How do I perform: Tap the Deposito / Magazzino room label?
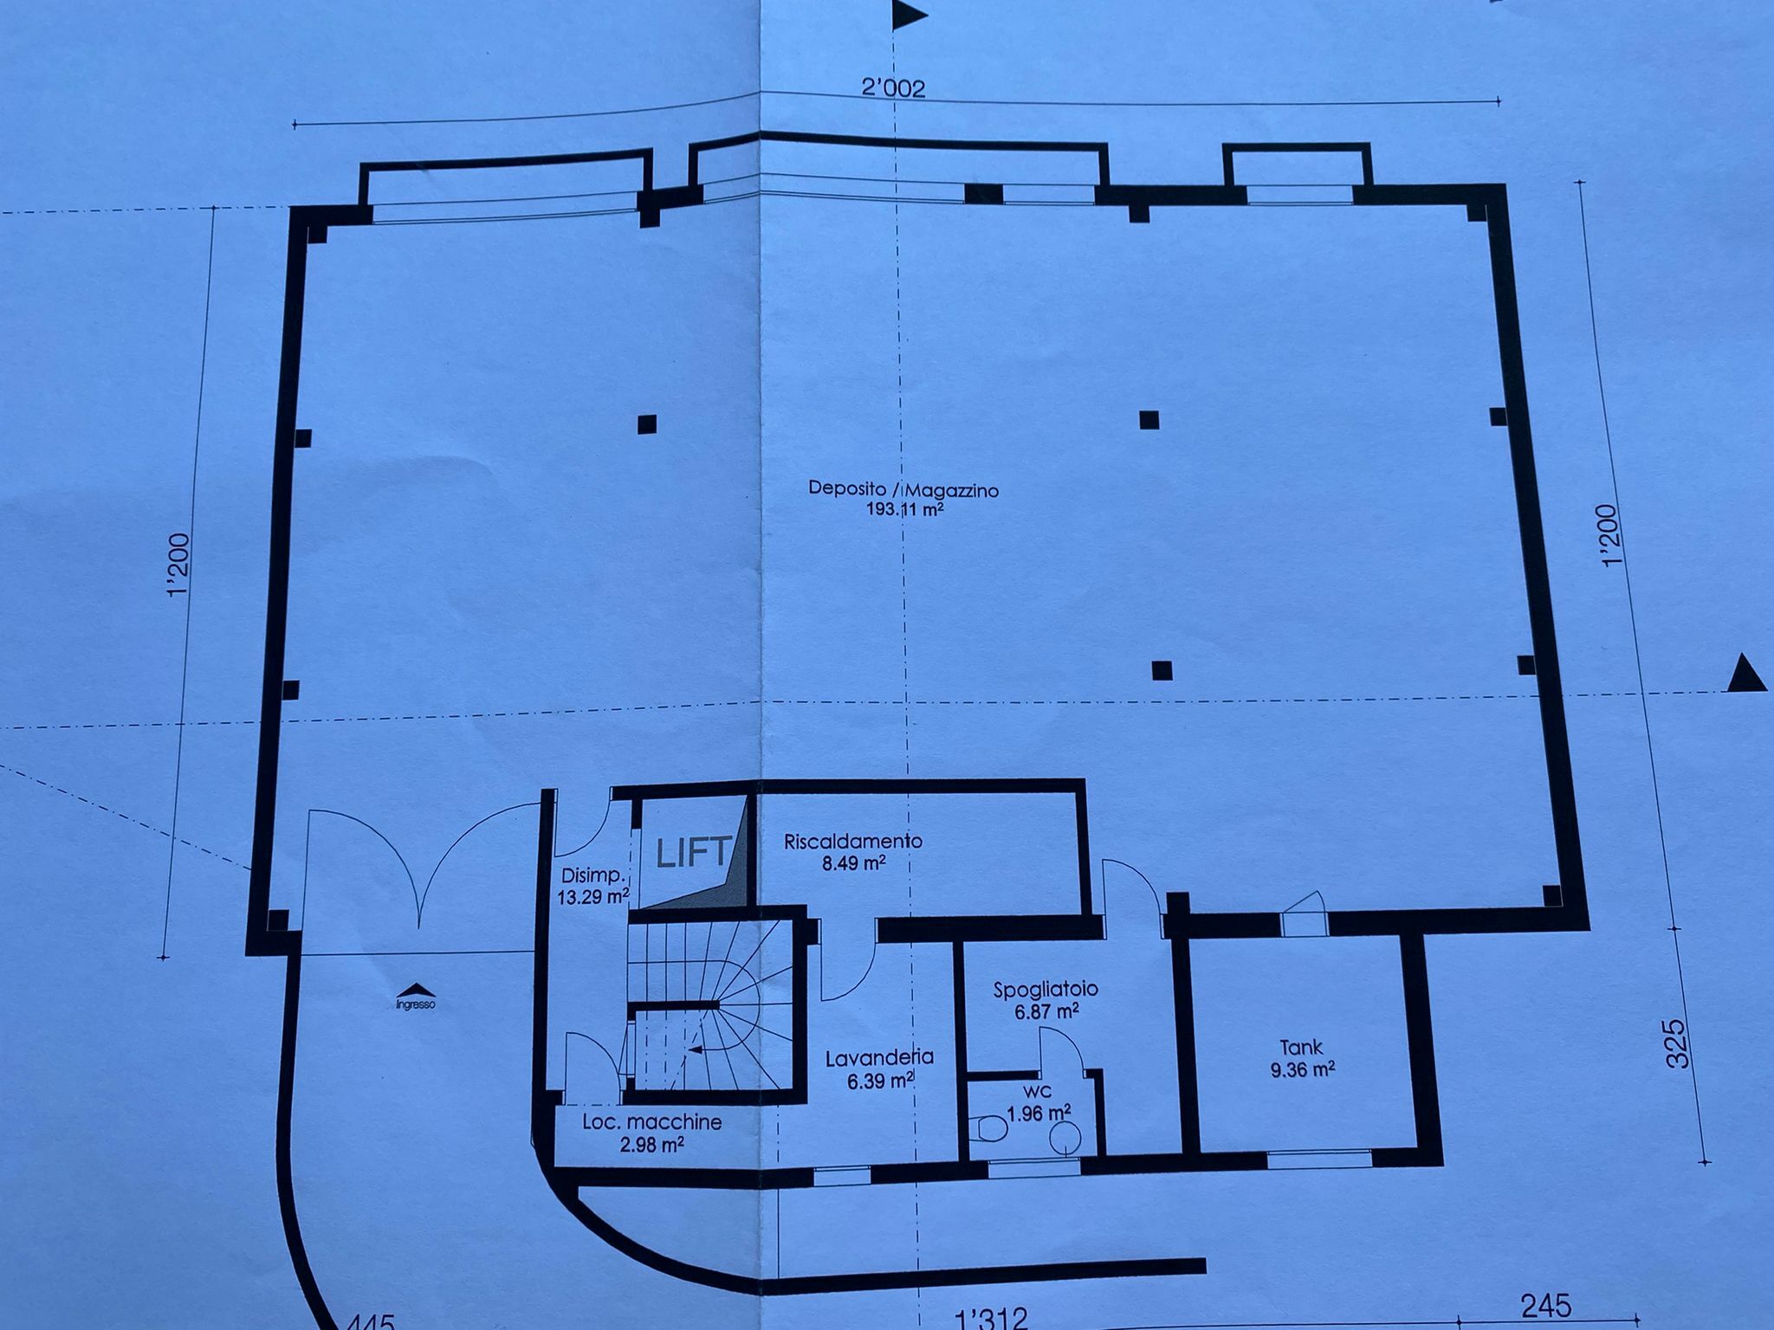tap(903, 488)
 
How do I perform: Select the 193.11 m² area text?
tap(904, 510)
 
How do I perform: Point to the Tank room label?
tap(1302, 1048)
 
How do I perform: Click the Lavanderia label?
tap(878, 1057)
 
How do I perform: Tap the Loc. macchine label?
tap(652, 1123)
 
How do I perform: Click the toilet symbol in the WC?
tap(990, 1129)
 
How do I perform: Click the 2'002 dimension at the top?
tap(892, 88)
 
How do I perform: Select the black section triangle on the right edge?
tap(1745, 674)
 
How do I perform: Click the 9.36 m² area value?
tap(1302, 1070)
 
